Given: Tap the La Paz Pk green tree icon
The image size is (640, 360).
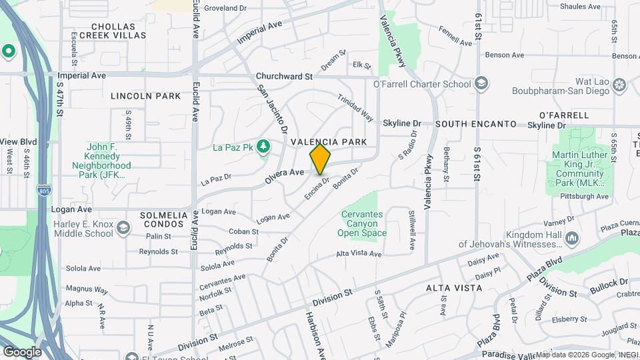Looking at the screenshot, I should point(264,145).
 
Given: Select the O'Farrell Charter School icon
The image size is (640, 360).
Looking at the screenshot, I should point(481,84).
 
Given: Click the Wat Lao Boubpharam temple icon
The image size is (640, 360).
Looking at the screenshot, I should point(620,85).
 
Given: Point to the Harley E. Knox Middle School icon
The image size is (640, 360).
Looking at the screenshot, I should point(123,229).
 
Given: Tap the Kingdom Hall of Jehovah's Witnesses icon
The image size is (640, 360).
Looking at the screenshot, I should point(572,239).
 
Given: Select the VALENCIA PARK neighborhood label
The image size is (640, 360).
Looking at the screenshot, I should point(329,142).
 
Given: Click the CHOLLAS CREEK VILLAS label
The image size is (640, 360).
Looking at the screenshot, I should point(117,31).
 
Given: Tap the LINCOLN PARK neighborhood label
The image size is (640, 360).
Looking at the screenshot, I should point(146,96).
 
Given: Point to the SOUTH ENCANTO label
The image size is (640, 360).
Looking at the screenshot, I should point(476,124).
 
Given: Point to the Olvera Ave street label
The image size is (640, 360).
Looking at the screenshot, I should point(287,172).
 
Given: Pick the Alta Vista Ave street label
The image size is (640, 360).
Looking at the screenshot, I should point(359,254).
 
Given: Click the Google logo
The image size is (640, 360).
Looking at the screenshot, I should point(22,351).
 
